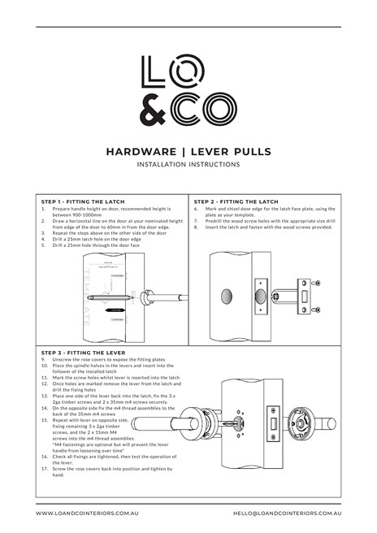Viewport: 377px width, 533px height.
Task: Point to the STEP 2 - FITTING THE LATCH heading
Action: (x=236, y=201)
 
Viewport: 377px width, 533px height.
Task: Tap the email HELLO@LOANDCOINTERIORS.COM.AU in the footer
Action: (x=286, y=514)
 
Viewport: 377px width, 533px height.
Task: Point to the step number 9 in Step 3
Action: (x=43, y=358)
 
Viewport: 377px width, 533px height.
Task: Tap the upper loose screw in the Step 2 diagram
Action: (x=318, y=282)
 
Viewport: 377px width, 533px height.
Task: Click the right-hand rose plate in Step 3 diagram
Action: (x=305, y=422)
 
